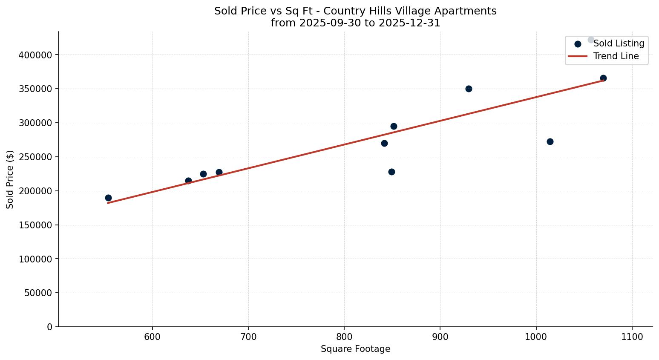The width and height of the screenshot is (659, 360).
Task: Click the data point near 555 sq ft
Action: tap(108, 198)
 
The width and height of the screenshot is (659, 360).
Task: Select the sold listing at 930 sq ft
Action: tap(469, 89)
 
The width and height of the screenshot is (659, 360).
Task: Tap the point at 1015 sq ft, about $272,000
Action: tap(550, 141)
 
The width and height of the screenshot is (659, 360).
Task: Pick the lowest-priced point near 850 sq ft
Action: tap(391, 172)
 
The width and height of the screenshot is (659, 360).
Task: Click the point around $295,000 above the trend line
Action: tap(394, 126)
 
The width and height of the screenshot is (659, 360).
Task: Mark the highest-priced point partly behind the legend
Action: tap(591, 40)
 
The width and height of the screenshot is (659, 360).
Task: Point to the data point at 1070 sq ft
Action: tap(603, 78)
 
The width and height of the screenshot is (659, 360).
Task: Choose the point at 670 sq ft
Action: tap(219, 172)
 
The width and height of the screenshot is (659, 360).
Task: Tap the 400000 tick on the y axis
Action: tap(35, 55)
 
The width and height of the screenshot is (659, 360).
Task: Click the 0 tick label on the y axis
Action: tap(50, 327)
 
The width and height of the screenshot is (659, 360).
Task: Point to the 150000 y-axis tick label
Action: tap(35, 225)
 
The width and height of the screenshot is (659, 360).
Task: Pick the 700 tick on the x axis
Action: tap(248, 337)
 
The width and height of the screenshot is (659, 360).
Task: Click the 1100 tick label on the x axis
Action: tap(632, 337)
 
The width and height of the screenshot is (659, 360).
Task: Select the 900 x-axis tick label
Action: tap(440, 337)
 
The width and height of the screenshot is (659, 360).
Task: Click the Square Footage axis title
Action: tap(355, 349)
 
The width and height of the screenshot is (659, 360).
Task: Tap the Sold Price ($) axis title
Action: tap(10, 179)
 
